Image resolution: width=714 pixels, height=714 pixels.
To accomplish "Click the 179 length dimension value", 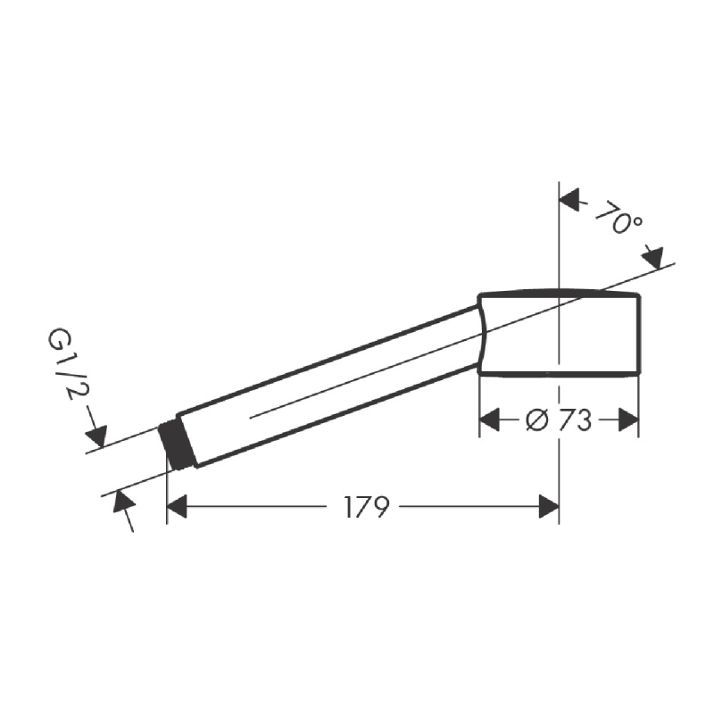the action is pyautogui.click(x=367, y=507).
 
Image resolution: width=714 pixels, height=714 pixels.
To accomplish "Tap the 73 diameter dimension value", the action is pyautogui.click(x=575, y=419).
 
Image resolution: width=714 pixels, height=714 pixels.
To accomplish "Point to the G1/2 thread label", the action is pyautogui.click(x=62, y=364).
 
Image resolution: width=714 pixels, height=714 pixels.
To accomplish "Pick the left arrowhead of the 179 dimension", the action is pyautogui.click(x=177, y=507).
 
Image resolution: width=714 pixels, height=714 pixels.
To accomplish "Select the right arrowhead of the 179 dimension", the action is pyautogui.click(x=549, y=507).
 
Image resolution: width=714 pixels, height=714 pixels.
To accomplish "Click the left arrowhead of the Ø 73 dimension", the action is pyautogui.click(x=489, y=419).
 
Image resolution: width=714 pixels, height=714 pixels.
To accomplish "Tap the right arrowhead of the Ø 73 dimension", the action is pyautogui.click(x=628, y=419).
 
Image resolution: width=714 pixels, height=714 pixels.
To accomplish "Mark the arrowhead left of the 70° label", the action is pyautogui.click(x=569, y=199).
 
